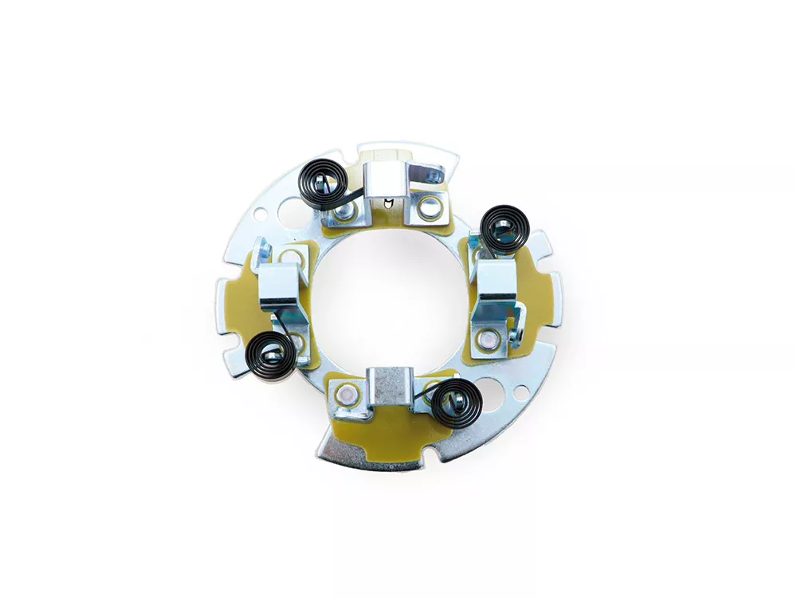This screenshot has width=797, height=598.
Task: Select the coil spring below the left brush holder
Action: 272,352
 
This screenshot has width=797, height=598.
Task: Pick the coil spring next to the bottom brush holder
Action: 455,402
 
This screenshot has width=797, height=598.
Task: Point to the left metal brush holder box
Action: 277,281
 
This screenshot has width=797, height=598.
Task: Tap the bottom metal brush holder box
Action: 388,384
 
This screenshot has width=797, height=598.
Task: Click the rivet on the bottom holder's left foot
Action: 346,393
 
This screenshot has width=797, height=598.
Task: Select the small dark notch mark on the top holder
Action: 386,201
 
